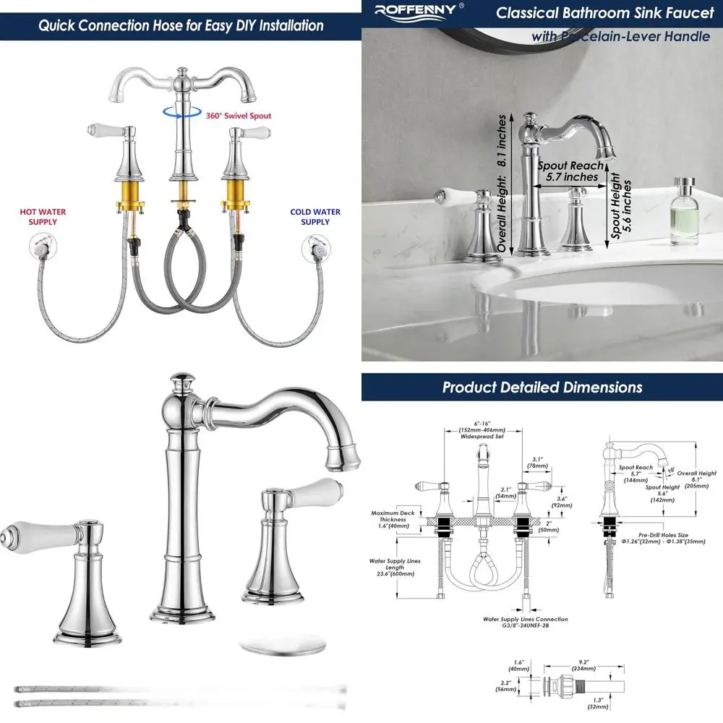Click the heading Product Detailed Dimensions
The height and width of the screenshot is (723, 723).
click(x=542, y=388)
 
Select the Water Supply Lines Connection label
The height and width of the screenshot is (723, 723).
click(x=525, y=623)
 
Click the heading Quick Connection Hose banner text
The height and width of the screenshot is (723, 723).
click(x=181, y=26)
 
